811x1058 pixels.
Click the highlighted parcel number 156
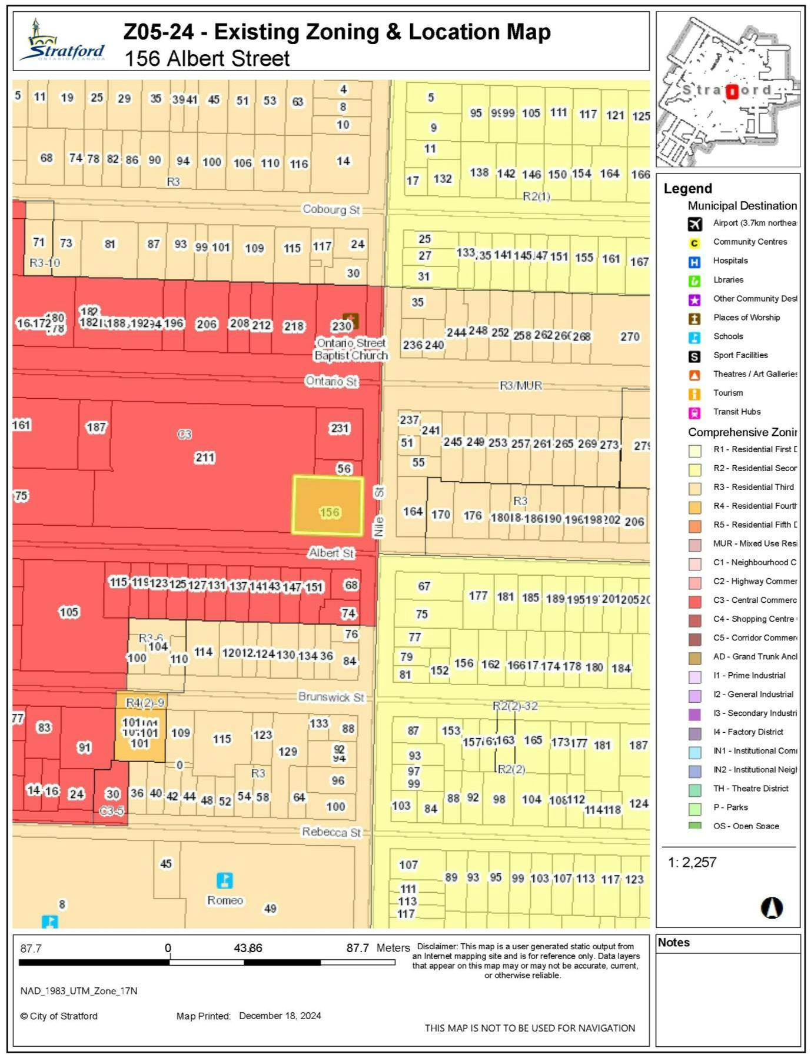click(330, 512)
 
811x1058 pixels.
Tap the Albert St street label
click(331, 553)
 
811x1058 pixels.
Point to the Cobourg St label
click(331, 209)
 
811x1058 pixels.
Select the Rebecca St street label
click(331, 832)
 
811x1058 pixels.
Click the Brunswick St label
click(331, 697)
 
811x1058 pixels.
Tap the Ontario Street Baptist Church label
click(351, 349)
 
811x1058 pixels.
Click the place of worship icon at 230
click(351, 321)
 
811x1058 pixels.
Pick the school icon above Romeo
click(224, 880)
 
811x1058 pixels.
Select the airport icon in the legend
click(694, 223)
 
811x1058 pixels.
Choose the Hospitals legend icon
click(694, 262)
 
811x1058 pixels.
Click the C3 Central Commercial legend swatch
click(694, 601)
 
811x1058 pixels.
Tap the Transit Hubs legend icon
click(694, 412)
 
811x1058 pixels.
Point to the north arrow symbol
click(772, 907)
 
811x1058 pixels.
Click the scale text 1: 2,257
click(692, 862)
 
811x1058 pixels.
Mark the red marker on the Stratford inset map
click(732, 92)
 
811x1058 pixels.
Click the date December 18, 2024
click(280, 1016)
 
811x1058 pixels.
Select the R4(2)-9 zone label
click(145, 702)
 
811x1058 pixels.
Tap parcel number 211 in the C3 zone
click(205, 457)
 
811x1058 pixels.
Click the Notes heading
click(673, 942)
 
